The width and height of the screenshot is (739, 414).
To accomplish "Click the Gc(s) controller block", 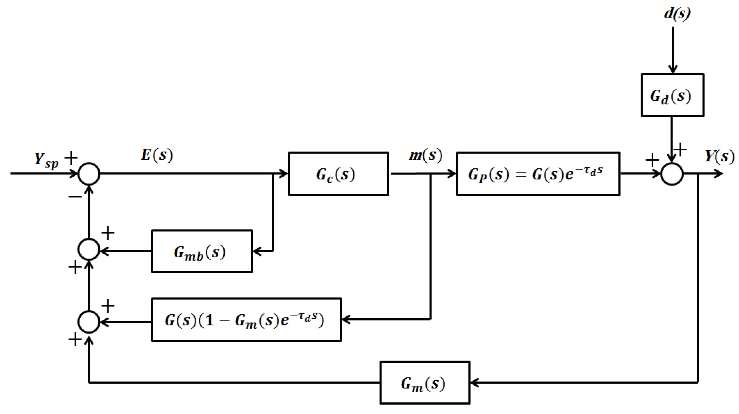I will coord(338,174).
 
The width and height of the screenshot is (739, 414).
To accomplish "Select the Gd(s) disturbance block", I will coord(672,95).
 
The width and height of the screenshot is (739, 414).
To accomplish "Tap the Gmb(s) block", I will coord(202,252).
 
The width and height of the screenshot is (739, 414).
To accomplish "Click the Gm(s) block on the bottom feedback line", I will coord(425,383).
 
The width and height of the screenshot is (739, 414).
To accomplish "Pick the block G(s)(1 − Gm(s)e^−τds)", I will coord(246,320).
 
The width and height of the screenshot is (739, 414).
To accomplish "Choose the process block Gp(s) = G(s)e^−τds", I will coord(538,174).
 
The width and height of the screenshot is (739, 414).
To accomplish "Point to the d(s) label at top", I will coord(677,14).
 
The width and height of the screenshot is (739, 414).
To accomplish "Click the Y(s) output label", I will coord(719,156).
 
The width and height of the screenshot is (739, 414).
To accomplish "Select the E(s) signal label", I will coord(157,155).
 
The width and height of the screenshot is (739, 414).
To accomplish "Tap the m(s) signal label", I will coord(425,155).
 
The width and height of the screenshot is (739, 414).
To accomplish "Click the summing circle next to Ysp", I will coord(89,174).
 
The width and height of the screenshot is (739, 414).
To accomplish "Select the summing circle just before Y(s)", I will coord(672,174).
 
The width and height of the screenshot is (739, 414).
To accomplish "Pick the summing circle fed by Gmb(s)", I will coord(89,249).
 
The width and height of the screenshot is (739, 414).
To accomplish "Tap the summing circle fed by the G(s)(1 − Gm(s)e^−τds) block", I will coord(89,322).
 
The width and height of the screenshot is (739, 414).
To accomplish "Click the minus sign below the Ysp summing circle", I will coord(75,197).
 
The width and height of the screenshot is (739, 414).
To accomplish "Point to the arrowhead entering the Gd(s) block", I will coord(673,70).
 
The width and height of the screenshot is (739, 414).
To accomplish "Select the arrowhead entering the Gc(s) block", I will coord(284,173).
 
